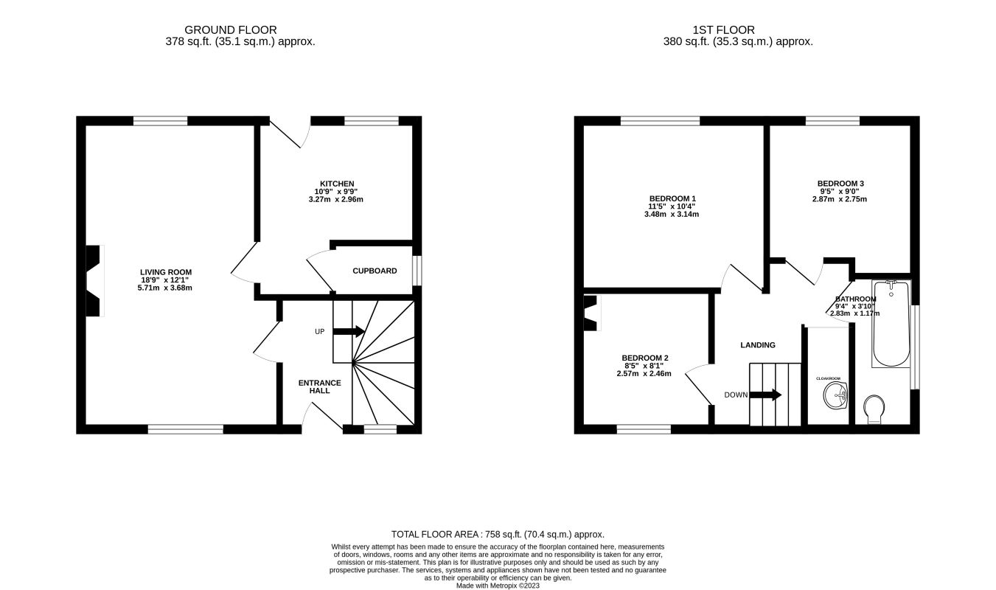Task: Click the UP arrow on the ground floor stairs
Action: pos(349,331)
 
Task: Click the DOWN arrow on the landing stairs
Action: pos(765,395)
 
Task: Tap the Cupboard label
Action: pos(375,271)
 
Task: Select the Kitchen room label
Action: pos(337,184)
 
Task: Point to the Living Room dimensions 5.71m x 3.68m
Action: pos(165,288)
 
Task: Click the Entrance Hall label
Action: pos(320,386)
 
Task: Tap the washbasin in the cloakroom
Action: pos(835,395)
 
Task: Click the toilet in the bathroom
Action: pos(874,409)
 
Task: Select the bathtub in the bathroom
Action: pos(891,324)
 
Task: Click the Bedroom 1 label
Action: pos(672,199)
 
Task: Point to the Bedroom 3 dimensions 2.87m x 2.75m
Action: pos(840,199)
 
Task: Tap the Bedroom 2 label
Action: pos(645,358)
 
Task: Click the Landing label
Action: pos(758,345)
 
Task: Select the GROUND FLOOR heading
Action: pos(230,29)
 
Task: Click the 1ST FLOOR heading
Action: pos(723,29)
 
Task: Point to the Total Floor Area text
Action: pos(498,535)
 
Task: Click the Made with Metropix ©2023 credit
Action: pos(498,586)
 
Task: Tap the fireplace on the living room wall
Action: pos(94,281)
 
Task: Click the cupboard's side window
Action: pos(417,271)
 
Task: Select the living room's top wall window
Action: pos(161,120)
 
